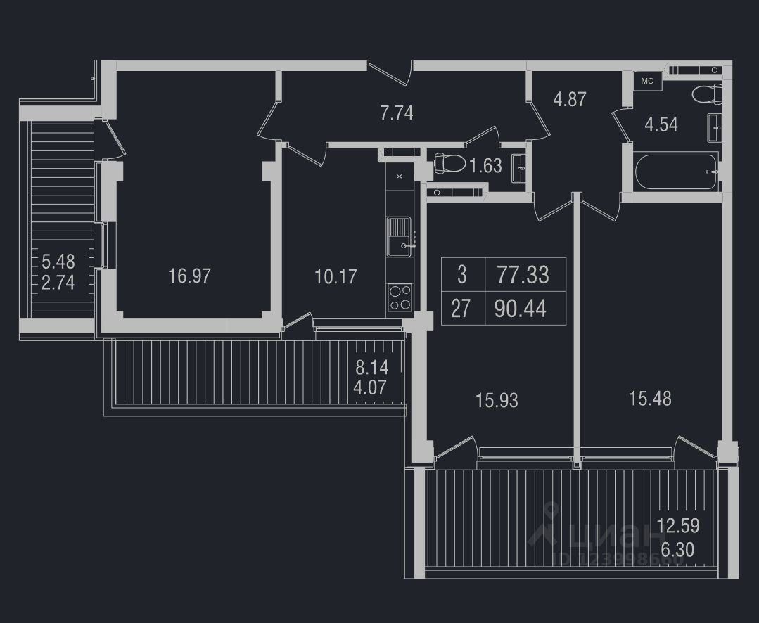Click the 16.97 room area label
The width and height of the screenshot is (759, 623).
[189, 276]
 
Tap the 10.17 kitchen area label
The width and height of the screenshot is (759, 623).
[336, 276]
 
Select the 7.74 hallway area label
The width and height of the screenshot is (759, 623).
[396, 113]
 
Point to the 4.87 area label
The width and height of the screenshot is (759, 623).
[569, 99]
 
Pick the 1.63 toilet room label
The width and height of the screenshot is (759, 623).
[485, 166]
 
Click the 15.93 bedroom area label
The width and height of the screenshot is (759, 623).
[497, 401]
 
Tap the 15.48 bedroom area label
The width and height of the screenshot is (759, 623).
[649, 399]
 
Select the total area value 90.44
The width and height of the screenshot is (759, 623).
[521, 309]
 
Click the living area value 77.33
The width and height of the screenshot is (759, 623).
[523, 274]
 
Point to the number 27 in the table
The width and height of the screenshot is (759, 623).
[460, 309]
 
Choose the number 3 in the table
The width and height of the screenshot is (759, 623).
[461, 274]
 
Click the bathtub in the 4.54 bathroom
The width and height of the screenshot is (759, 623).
[675, 172]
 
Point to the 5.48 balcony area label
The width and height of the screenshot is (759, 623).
[58, 262]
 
